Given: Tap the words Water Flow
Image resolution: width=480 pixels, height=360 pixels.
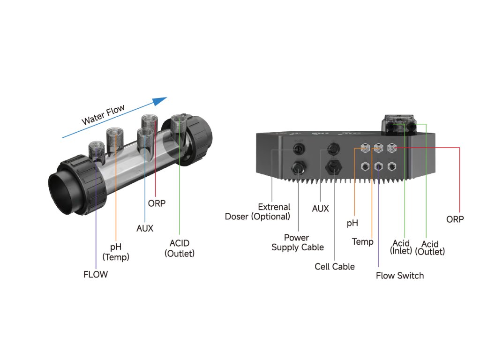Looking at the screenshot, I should coord(104,115).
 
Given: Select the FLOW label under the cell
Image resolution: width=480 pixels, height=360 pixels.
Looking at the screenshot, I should coord(96,275).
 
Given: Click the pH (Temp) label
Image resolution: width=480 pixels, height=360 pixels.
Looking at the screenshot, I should coord(116,252).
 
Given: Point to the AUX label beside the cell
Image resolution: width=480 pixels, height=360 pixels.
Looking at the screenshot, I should coord(145,229).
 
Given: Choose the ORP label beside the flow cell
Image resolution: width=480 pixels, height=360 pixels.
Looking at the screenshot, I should coord(157,203).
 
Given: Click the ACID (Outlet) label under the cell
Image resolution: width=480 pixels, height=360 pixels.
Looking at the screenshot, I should coord(180,248).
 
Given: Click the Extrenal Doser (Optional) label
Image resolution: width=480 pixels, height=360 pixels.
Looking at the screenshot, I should coord(258,211).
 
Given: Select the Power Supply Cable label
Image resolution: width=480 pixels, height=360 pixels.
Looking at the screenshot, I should coord(297,242).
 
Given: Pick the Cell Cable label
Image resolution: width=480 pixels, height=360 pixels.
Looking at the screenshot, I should coord(335,267).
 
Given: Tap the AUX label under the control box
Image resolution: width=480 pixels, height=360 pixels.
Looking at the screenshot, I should coord(321,209).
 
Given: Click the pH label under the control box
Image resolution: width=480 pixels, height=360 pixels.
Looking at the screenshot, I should coord(352,224).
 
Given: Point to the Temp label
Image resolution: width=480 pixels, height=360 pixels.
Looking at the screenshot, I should coord(363,242).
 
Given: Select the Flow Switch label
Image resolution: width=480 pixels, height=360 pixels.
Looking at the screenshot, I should coord(400,276).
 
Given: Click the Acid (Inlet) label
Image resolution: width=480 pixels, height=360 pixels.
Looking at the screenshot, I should coord(401,247).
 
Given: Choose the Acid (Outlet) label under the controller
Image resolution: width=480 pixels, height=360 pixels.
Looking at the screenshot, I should coord(430,247).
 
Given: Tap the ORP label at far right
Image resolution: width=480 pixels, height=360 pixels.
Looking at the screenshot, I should coord(455,219).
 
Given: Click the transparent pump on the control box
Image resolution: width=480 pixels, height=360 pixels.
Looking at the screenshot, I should coord(400,126).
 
